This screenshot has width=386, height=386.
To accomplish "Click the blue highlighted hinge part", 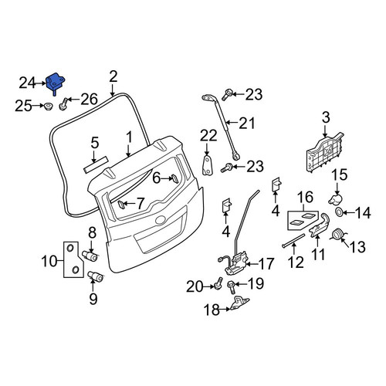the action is [55, 82].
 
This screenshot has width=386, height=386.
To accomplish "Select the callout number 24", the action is [27, 83].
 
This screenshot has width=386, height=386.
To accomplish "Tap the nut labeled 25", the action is [48, 106].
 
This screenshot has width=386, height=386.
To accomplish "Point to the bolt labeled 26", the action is [63, 103].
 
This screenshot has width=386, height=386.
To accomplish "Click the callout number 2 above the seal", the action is [113, 76].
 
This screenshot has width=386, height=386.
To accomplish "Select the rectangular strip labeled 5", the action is [96, 164].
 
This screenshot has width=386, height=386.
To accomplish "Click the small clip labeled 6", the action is [174, 178].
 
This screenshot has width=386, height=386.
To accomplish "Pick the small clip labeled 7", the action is [121, 205].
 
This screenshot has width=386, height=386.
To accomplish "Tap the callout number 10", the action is [49, 262].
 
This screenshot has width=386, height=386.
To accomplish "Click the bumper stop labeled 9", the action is [95, 276].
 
